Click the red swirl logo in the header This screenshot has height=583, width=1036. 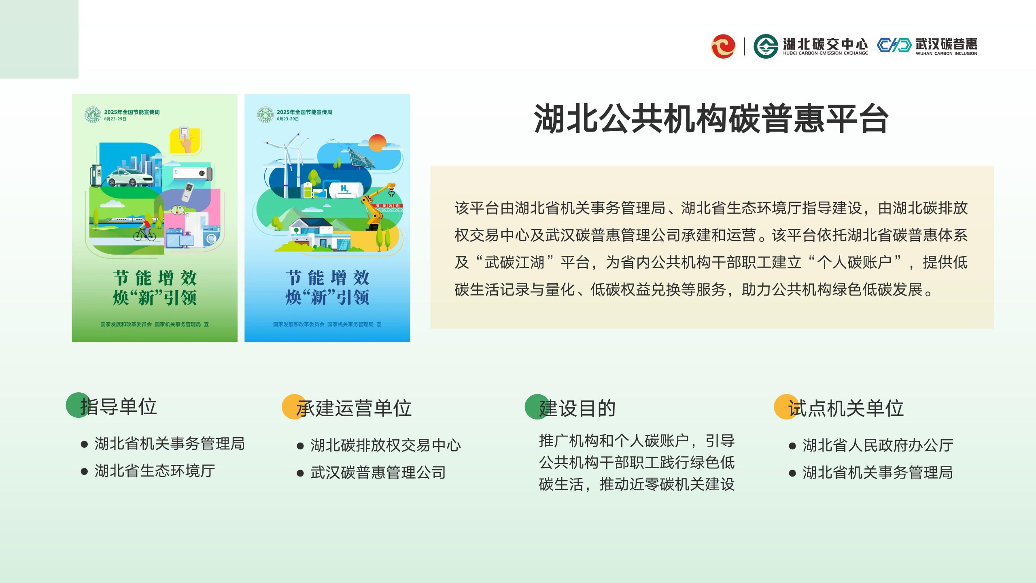click(723, 46)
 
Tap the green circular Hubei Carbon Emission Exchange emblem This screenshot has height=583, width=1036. click(766, 46)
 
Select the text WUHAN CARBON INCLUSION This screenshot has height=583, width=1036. click(946, 53)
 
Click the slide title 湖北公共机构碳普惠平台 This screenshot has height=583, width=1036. click(711, 119)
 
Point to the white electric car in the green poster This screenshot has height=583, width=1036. click(129, 177)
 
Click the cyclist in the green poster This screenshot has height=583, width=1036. click(145, 230)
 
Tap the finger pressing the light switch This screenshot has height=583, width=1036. click(186, 141)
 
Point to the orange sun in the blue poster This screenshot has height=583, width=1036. click(378, 143)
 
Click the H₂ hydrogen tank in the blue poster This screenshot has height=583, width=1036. click(345, 189)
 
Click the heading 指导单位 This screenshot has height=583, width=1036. click(119, 406)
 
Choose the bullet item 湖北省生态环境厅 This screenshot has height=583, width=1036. click(155, 471)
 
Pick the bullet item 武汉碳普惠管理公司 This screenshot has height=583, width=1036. click(378, 472)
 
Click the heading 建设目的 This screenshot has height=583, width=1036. click(577, 408)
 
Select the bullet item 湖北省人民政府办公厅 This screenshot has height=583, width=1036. click(878, 445)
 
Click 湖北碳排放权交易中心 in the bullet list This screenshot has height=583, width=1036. click(386, 445)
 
